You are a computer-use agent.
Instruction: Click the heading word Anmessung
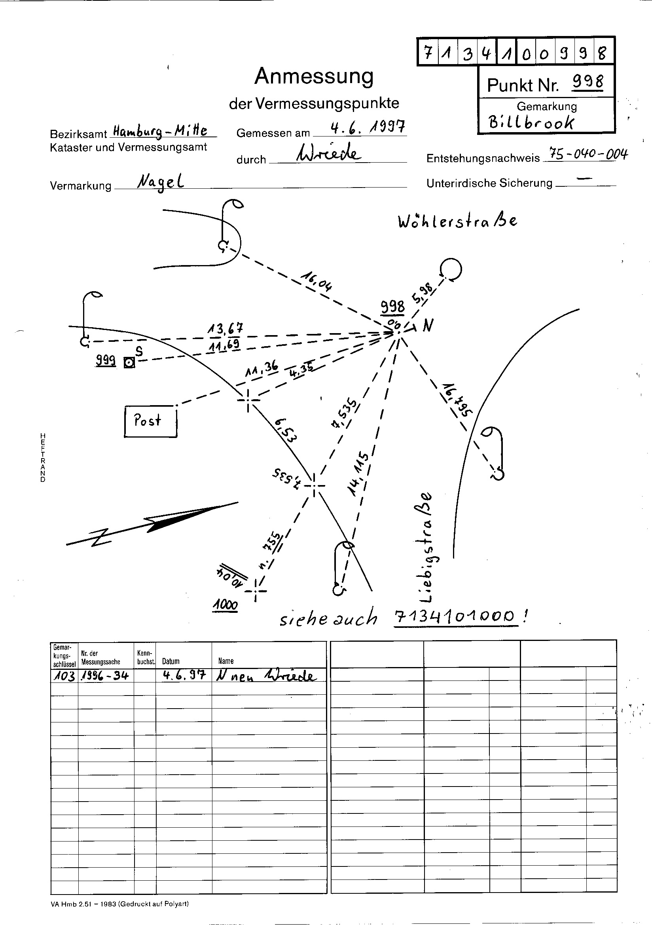point(314,76)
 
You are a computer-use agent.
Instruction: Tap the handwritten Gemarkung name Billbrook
point(531,122)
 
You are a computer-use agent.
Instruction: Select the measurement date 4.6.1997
point(368,128)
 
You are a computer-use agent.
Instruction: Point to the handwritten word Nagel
point(160,183)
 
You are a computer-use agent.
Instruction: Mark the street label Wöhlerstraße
point(457,221)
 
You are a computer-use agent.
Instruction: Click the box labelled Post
point(150,421)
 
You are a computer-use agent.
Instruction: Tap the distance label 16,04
point(317,281)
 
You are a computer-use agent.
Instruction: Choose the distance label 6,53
point(285,430)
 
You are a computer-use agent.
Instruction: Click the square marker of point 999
point(129,363)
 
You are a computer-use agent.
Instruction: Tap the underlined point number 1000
point(226,605)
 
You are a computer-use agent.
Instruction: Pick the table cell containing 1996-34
point(105,675)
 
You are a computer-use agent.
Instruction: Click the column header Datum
point(171,661)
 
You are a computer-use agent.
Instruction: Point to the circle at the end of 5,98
point(451,269)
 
